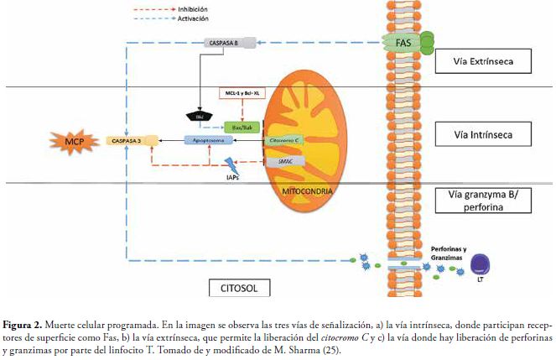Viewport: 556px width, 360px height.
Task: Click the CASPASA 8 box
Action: pos(223,41)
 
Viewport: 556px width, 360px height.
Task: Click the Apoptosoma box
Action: pos(209,141)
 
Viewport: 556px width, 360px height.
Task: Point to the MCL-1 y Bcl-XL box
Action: pos(242,93)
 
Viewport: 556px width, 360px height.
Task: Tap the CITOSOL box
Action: pos(241,289)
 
